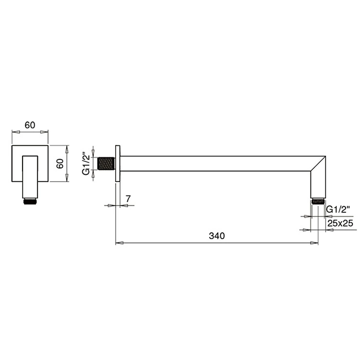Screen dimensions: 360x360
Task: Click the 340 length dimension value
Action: tap(217, 236)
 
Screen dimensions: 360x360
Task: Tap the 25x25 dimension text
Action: tap(340, 223)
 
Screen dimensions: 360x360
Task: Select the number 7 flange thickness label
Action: tap(128, 199)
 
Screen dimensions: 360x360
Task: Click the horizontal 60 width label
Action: tap(30, 125)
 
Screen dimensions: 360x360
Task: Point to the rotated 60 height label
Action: tap(60, 164)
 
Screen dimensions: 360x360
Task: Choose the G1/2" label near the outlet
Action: tap(338, 209)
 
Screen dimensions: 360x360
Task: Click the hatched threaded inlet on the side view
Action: tap(106, 164)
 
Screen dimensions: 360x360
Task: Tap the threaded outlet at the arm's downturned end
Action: tap(318, 202)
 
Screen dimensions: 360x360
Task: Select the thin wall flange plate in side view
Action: tap(118, 164)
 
